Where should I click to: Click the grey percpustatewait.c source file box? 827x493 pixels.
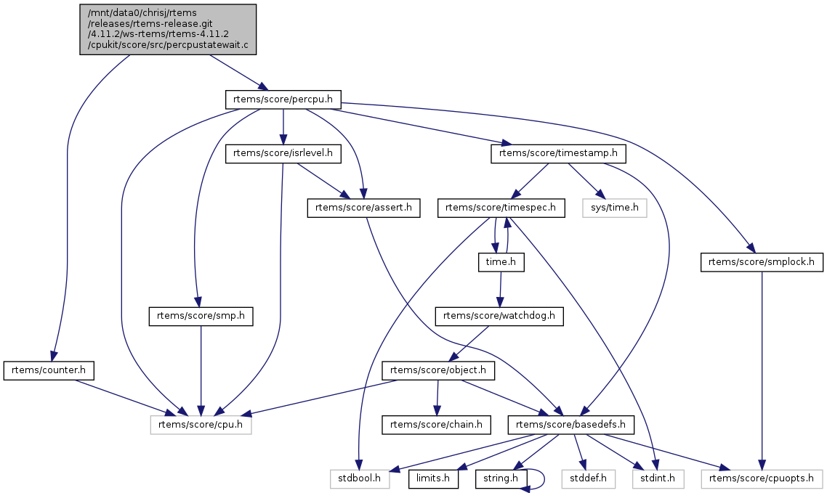[168, 29]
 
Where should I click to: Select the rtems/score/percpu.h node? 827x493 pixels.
[283, 100]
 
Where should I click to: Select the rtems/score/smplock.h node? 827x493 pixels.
[762, 262]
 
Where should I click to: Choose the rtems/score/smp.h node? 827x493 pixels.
[201, 316]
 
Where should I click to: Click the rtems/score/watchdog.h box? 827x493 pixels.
[499, 316]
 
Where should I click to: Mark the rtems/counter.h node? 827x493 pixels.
[49, 370]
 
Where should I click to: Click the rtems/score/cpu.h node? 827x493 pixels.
[201, 424]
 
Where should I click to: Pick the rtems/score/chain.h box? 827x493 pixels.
[437, 424]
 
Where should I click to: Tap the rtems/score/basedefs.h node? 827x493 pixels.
[570, 424]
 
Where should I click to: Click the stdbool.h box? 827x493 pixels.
[360, 478]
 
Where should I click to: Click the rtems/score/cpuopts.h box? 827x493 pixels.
[762, 478]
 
